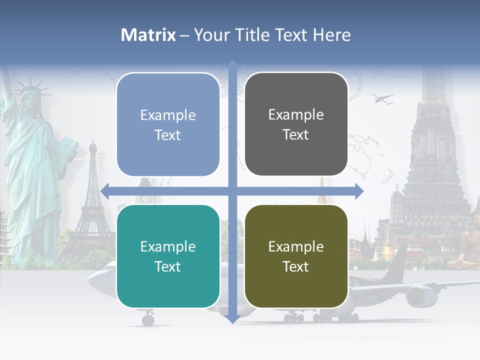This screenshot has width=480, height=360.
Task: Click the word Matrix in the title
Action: pos(148,35)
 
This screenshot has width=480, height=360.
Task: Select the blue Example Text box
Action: pos(168,124)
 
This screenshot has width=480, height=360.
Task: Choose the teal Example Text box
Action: pos(168,256)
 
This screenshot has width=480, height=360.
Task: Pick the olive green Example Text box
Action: pos(296,256)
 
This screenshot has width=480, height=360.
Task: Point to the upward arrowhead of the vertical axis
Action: pos(232,65)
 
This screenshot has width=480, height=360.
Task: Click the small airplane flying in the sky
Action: pos(382,99)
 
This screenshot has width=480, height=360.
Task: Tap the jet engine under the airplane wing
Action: pos(421,296)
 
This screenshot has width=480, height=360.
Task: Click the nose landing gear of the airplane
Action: pos(148,318)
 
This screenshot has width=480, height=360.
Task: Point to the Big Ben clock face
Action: pos(144,198)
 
